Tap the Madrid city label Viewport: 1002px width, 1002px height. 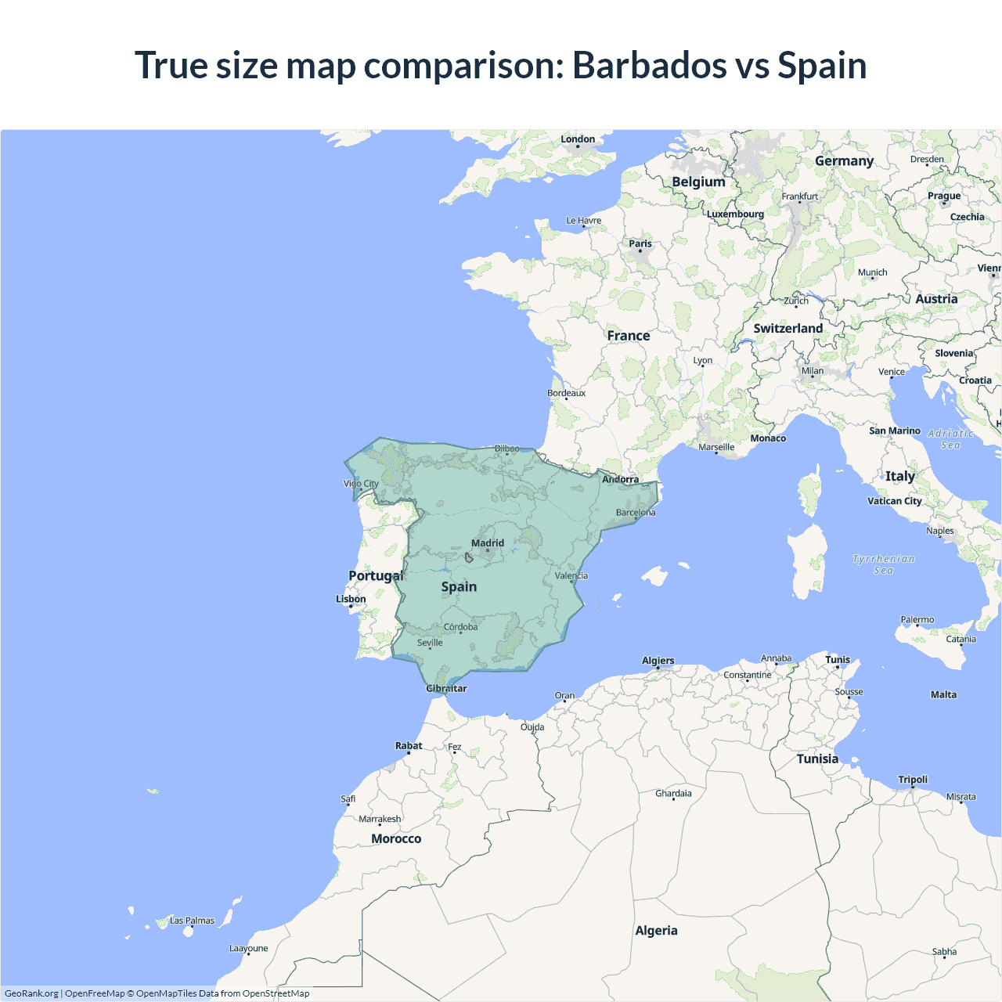pos(488,543)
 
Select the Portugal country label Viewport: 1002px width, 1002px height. pos(376,576)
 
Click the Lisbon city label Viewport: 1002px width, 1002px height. pos(351,599)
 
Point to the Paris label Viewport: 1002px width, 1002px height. pos(640,243)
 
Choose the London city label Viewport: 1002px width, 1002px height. pos(578,139)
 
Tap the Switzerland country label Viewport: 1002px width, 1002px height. pos(788,329)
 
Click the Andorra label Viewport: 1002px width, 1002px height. pos(620,479)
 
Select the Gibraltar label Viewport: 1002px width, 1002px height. pos(446,689)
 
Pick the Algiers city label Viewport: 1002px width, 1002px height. pos(658,661)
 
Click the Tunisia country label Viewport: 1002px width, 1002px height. pos(817,759)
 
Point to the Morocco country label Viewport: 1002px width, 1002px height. pos(396,838)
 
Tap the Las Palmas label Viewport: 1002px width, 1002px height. pos(192,921)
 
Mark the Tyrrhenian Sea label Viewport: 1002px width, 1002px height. pos(883,564)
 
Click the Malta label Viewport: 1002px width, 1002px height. pos(943,694)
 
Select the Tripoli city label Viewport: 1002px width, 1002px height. pos(913,780)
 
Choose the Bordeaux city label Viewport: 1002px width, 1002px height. pos(566,393)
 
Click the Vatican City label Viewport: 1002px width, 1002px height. pos(894,501)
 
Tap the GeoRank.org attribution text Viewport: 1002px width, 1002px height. pos(31,993)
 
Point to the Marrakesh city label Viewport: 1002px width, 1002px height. pos(380,819)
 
